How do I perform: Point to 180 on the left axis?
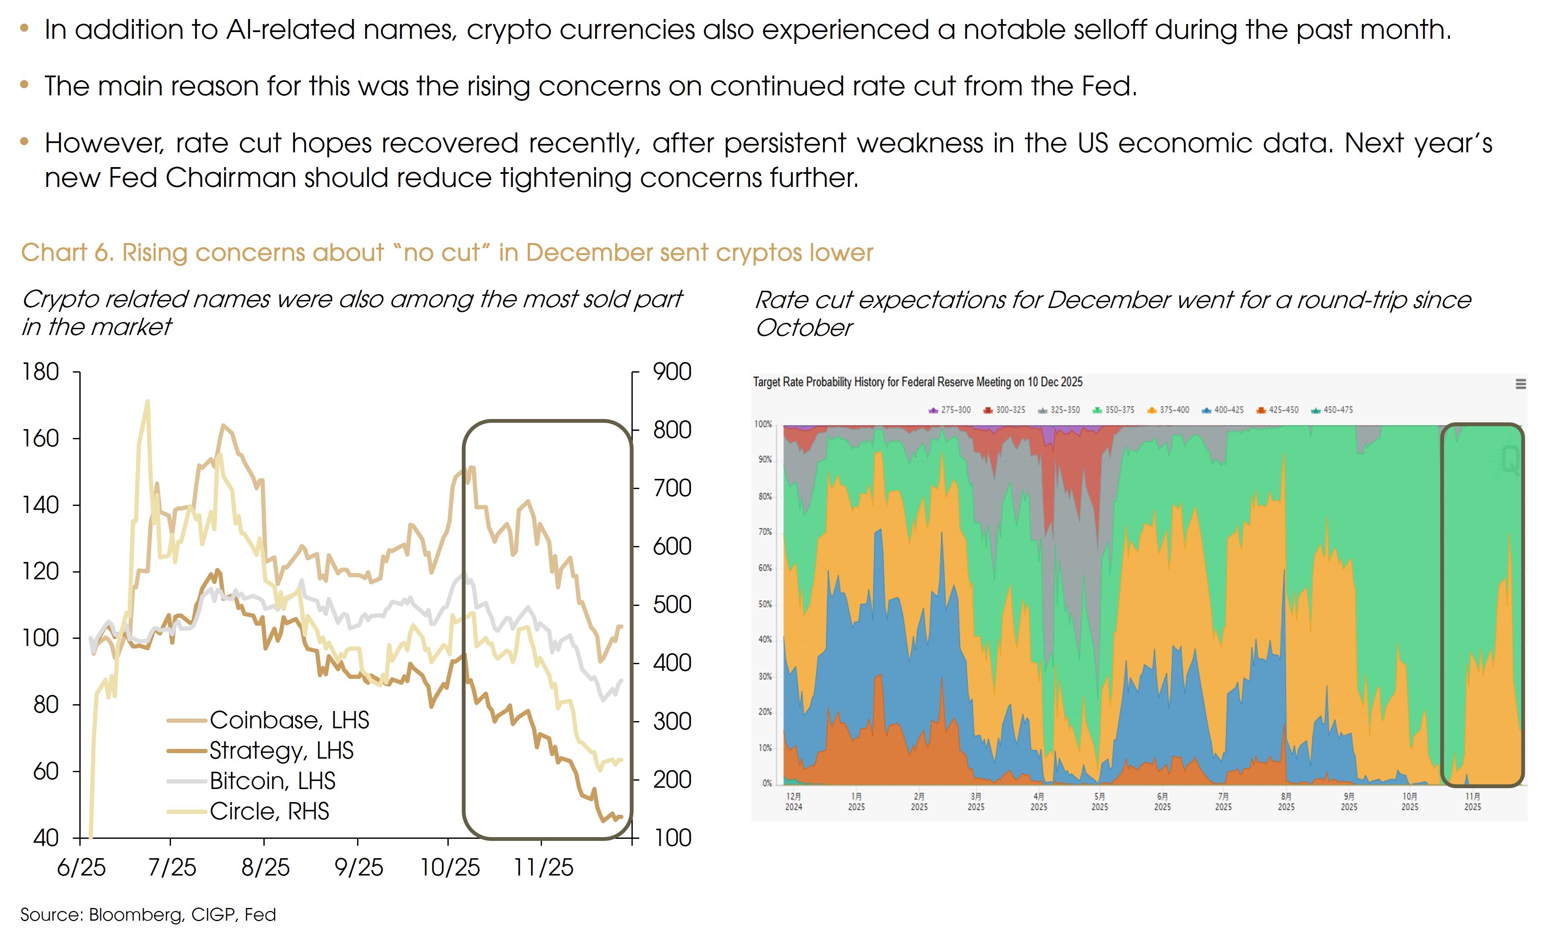point(41,372)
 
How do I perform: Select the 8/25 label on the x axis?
point(266,867)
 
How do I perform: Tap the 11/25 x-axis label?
point(543,867)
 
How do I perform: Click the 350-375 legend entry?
point(1114,410)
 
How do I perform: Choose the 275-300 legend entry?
point(950,410)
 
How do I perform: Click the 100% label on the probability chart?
point(763,424)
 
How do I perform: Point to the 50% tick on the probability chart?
point(765,604)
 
